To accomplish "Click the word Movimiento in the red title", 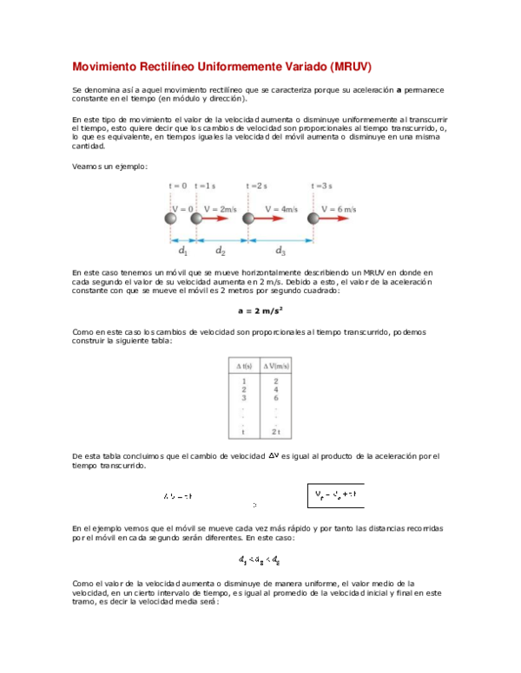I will click(x=104, y=68).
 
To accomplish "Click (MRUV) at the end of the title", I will click(x=351, y=68).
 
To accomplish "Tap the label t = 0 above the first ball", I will click(x=177, y=186).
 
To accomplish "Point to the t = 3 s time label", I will click(x=321, y=186).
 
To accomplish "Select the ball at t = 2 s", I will click(x=247, y=219).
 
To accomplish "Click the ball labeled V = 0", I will click(x=171, y=219).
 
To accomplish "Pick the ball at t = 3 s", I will click(x=313, y=219).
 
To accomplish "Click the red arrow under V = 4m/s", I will click(x=269, y=219).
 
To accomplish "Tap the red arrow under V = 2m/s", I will click(x=214, y=219).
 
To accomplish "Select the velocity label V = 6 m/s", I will click(x=339, y=209).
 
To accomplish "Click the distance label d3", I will click(x=280, y=251).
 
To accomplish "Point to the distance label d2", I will click(x=221, y=251).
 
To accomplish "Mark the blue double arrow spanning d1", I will click(x=183, y=239).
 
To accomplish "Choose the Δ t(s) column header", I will click(x=244, y=366).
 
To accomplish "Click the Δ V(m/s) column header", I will click(x=276, y=366).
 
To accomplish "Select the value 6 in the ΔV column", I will click(x=276, y=398).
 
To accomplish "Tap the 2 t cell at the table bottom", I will click(x=276, y=431).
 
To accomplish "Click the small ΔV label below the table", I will click(x=274, y=455).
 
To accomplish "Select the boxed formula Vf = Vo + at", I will click(x=336, y=495).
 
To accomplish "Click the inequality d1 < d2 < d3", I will click(x=260, y=560).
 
